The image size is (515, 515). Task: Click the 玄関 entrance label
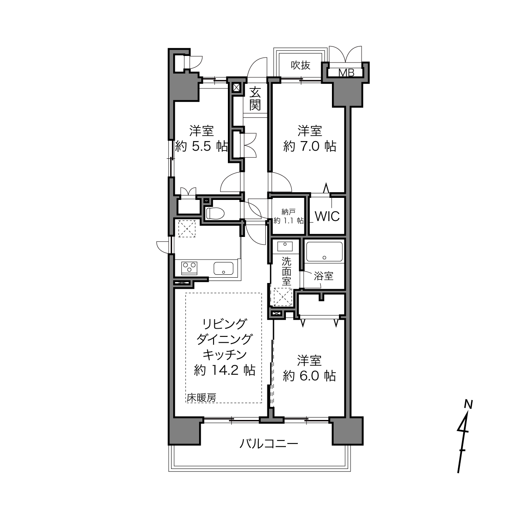pos(255,99)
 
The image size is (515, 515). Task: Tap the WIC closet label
pos(327,216)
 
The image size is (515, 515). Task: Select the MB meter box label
pos(346,73)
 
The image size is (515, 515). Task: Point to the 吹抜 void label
pos(301,65)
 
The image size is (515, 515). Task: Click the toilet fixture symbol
pos(215,213)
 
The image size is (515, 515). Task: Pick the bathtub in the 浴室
pos(324,252)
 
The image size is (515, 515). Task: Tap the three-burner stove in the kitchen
pos(189,268)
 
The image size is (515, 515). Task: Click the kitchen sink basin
pos(223,268)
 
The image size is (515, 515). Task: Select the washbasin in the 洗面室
pos(285,246)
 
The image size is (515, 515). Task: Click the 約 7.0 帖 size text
pos(309,146)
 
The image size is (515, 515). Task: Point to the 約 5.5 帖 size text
pos(201,146)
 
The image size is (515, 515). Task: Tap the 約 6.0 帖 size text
pos(309,376)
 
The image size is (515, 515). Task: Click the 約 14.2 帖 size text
pos(225,371)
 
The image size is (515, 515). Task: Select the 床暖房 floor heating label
pos(201,398)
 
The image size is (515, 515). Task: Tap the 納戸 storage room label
pos(288,212)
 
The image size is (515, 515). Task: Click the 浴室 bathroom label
pos(324,276)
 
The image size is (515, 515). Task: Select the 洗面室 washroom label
pos(286,271)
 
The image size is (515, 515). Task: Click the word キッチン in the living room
pos(225,355)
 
